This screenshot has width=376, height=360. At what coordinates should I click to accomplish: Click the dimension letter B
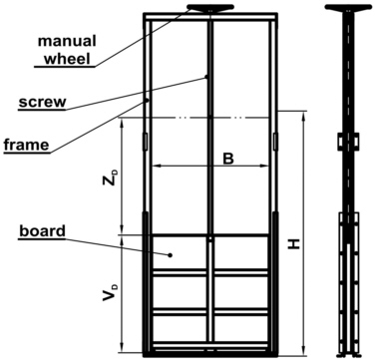point(227,158)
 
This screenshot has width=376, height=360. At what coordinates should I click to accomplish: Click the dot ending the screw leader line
point(206,77)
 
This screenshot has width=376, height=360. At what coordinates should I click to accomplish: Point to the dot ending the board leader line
point(171,255)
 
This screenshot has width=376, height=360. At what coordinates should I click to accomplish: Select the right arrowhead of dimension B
point(268,167)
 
